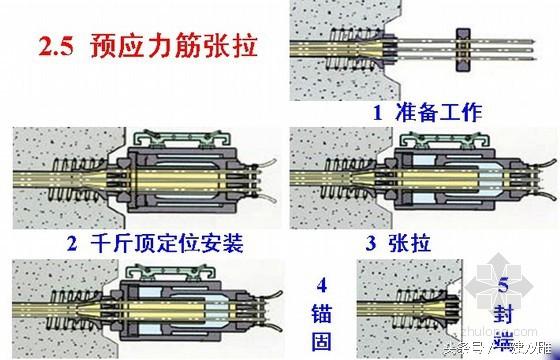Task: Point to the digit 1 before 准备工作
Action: (x=378, y=112)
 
